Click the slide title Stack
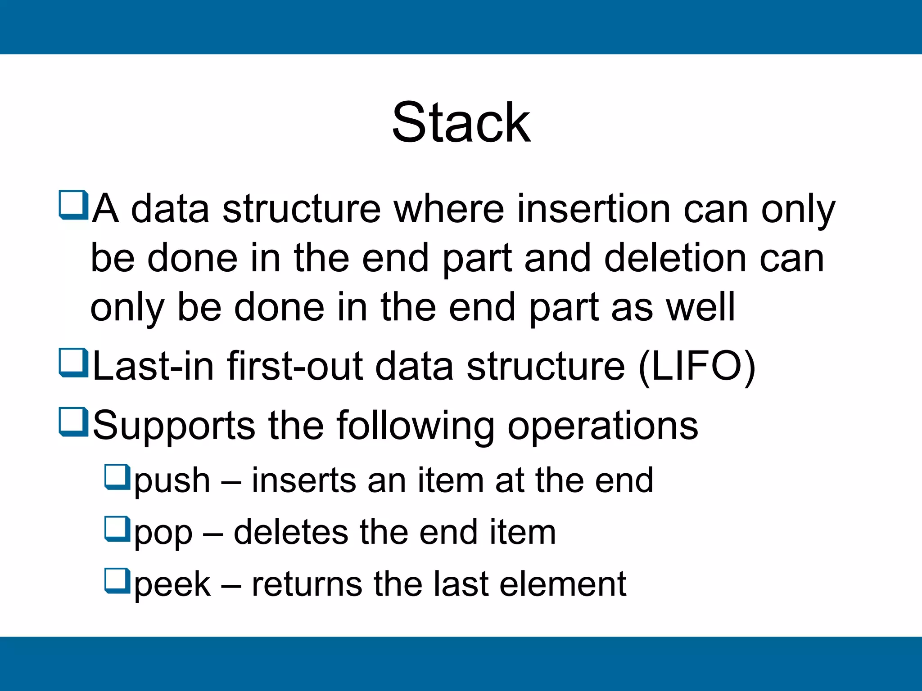coord(461,122)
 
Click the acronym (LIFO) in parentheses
coord(697,367)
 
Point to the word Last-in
coord(153,367)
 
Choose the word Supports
coord(174,426)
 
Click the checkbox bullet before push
coord(117,477)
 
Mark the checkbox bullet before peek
coord(117,580)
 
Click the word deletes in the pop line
coord(291,532)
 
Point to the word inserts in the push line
coord(303,480)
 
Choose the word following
coord(415,426)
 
